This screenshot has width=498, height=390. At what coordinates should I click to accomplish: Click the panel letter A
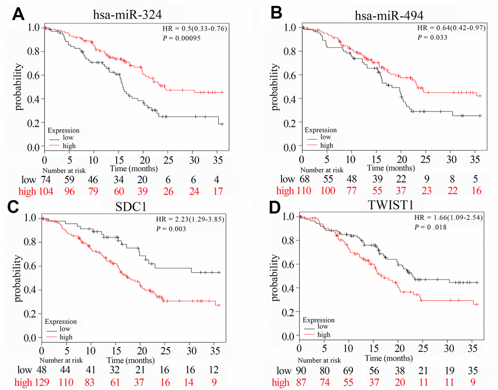[x=18, y=14]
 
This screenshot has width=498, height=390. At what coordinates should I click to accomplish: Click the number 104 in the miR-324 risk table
[x=44, y=191]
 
